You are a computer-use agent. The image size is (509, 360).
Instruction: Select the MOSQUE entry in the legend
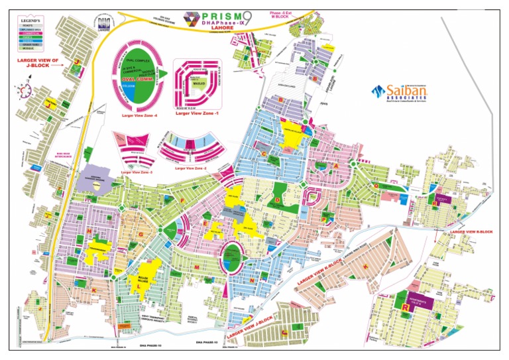click(28, 49)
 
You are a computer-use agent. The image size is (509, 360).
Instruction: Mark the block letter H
click(87, 230)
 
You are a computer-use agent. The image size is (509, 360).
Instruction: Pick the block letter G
click(140, 225)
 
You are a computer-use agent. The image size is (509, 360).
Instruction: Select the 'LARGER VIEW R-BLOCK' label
click(471, 232)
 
